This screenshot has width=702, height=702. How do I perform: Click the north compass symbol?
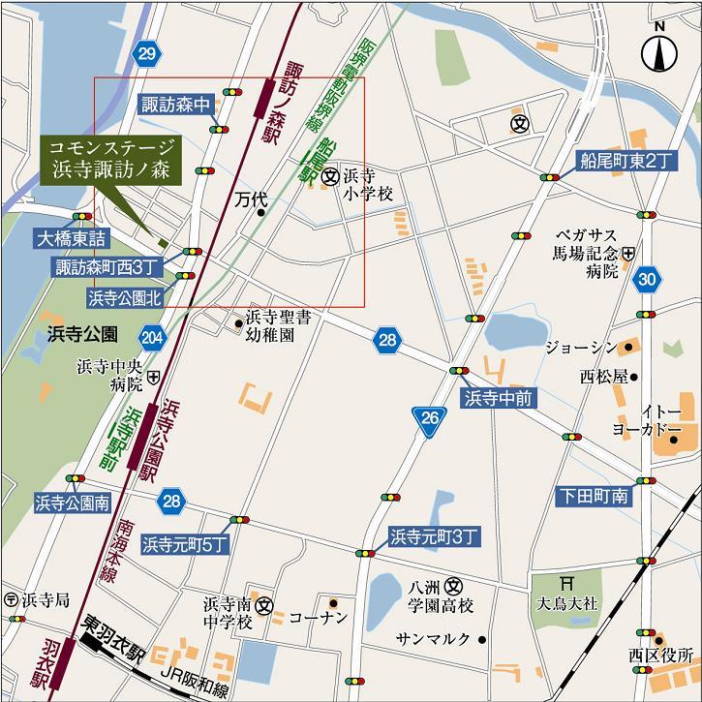(659, 50)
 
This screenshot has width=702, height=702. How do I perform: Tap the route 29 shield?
(145, 54)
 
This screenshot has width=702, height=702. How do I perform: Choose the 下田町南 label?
(593, 497)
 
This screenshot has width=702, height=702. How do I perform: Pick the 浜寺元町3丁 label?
(434, 534)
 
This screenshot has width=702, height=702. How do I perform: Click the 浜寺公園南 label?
(73, 502)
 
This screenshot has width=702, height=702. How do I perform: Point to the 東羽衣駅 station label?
(114, 626)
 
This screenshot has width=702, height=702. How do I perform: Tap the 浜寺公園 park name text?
(82, 334)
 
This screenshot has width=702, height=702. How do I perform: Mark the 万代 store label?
(249, 199)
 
